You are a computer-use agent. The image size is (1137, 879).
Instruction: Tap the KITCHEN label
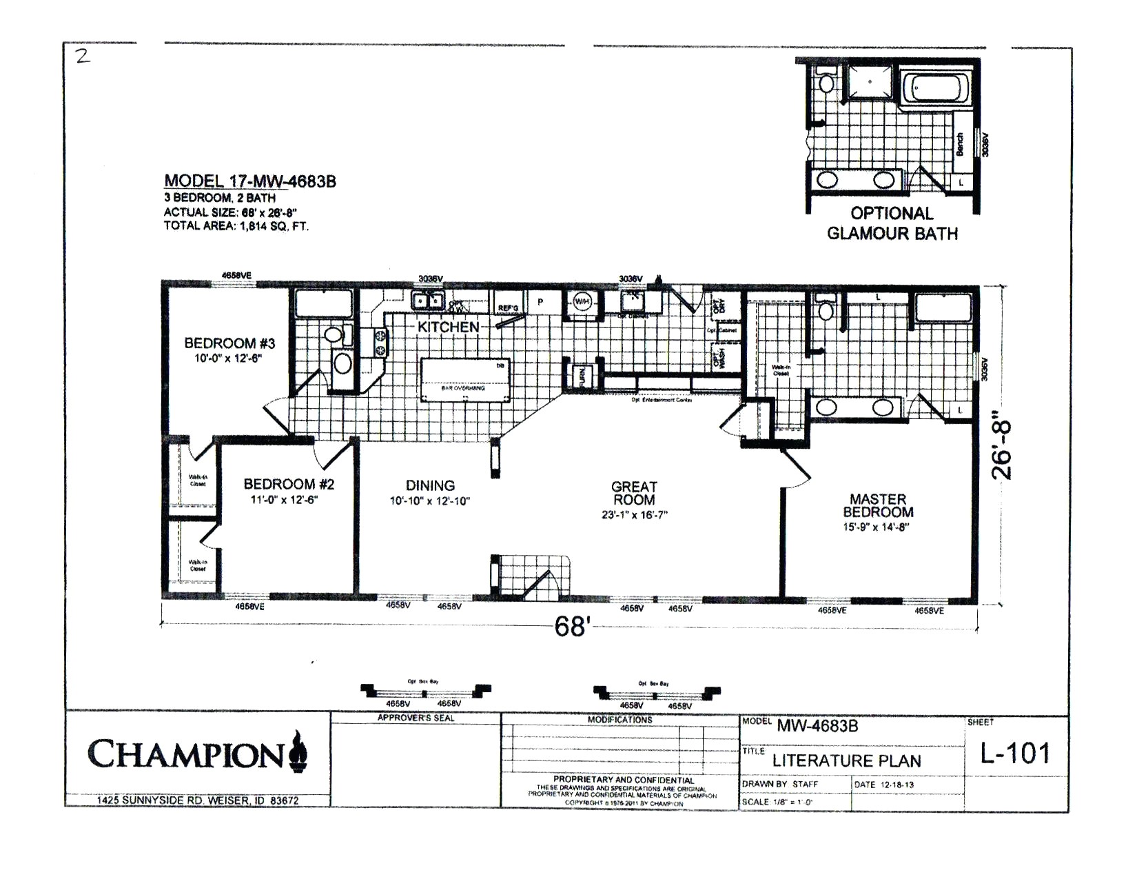448,327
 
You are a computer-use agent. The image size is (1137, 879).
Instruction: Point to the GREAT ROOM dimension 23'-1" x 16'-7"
633,515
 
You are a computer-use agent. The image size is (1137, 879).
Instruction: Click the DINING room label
429,486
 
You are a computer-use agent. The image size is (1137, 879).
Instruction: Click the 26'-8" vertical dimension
1003,446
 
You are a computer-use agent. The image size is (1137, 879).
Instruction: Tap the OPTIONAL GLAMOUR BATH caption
892,223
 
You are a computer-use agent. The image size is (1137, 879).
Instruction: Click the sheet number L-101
1015,754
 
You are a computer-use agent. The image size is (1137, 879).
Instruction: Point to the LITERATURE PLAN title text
846,761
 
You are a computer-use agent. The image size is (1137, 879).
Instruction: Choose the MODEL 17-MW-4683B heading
249,181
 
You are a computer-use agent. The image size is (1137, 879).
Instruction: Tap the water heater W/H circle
582,302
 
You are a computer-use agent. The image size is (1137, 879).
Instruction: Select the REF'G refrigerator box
509,307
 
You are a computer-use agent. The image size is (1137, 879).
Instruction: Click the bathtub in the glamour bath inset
940,88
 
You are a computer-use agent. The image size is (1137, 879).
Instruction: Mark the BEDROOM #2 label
289,485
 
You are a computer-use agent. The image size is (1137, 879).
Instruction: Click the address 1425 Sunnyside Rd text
197,801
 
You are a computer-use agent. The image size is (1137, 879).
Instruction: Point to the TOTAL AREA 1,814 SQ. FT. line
236,225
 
